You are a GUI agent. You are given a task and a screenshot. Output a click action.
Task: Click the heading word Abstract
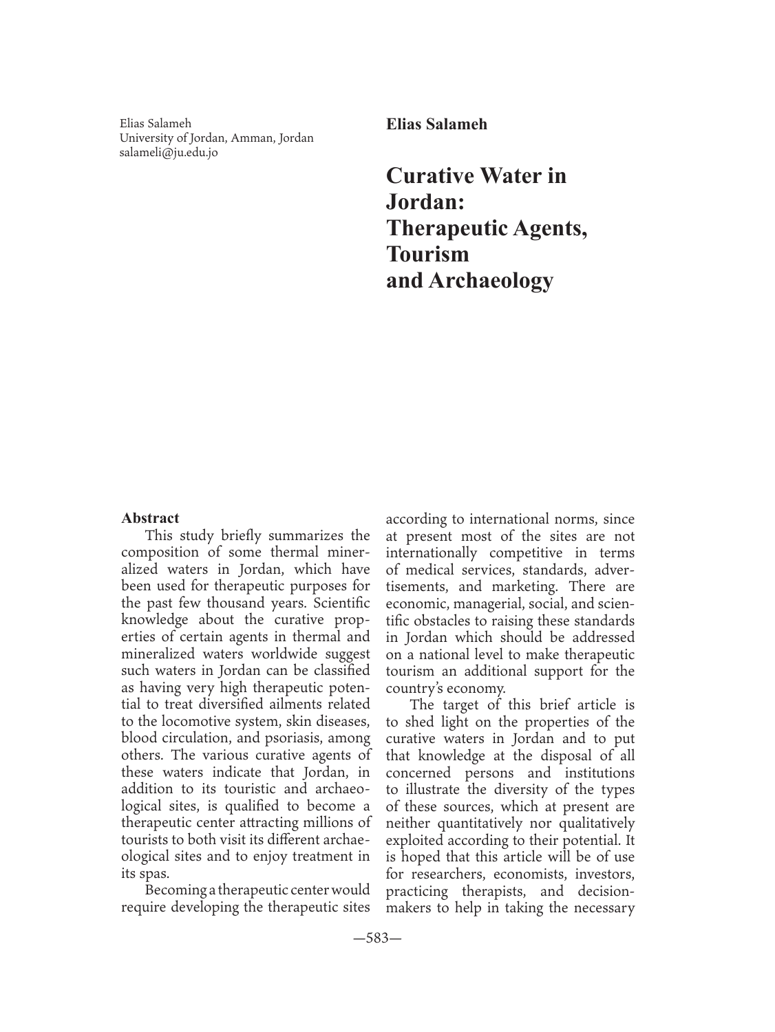150,518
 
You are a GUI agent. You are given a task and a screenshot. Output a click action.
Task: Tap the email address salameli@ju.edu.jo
168,153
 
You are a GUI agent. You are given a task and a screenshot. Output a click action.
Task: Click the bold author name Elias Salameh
436,125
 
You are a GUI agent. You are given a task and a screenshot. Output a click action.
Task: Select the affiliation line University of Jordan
216,138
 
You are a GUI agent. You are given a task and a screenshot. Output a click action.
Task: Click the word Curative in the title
429,175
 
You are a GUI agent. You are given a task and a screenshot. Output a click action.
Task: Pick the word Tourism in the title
427,254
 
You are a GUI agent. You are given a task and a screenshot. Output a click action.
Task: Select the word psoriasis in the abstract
304,738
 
